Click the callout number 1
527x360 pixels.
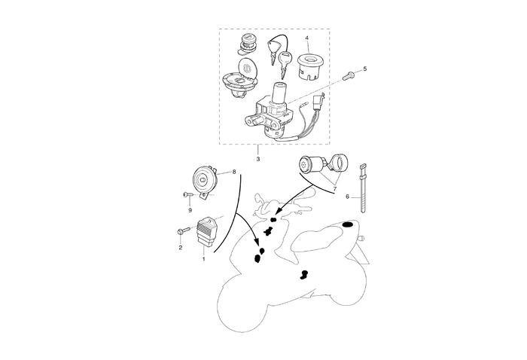click(x=203, y=258)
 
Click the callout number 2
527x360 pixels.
click(x=181, y=247)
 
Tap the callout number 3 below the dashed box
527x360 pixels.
click(x=258, y=159)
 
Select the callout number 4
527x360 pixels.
click(x=306, y=37)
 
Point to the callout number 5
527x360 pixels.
click(x=364, y=69)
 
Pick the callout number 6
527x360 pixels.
click(x=348, y=197)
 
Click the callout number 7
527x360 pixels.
click(x=335, y=190)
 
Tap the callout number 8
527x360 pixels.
click(x=233, y=172)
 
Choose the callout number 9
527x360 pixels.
click(x=190, y=209)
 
